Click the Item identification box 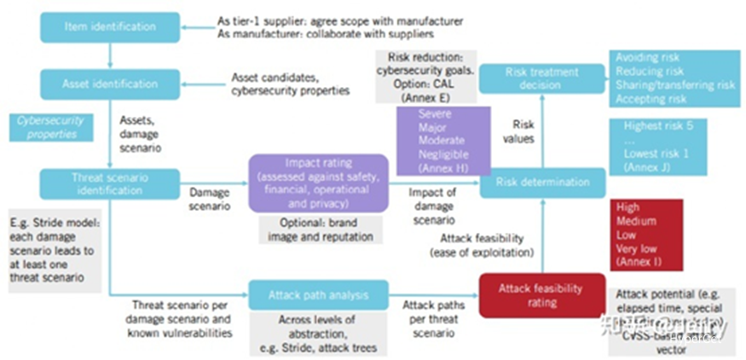click(x=111, y=27)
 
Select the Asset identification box click(x=111, y=84)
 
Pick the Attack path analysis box click(x=318, y=295)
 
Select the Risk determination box click(x=542, y=182)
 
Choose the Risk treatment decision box click(x=542, y=78)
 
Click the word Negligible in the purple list click(x=442, y=154)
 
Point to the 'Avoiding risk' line click(x=650, y=58)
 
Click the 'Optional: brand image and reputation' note click(x=320, y=229)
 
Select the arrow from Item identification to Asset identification click(x=111, y=55)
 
